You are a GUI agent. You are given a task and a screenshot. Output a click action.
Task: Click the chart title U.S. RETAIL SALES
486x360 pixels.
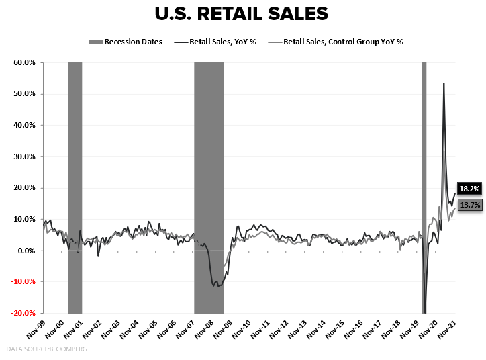click(x=242, y=15)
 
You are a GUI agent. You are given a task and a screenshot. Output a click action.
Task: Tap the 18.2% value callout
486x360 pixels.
click(x=470, y=189)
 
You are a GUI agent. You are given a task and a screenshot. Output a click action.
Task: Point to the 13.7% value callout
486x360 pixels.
click(x=470, y=205)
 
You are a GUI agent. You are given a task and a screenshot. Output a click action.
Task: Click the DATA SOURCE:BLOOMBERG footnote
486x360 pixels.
click(x=47, y=349)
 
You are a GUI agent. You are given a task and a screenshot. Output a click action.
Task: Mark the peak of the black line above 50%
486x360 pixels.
click(x=444, y=83)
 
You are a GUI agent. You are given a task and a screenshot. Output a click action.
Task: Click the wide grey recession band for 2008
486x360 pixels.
click(x=209, y=168)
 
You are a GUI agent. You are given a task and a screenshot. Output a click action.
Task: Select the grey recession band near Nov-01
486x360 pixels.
click(x=75, y=168)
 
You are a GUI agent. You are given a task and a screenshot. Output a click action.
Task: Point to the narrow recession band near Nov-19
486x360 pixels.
click(x=424, y=168)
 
